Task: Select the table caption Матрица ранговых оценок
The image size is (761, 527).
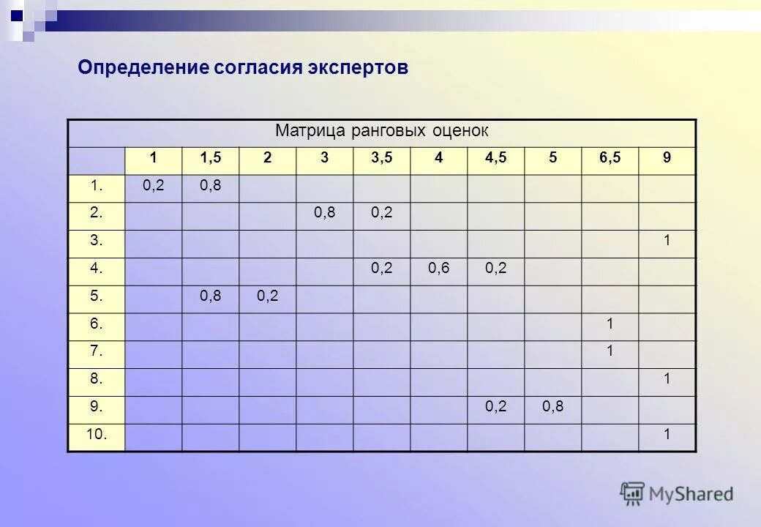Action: point(381,132)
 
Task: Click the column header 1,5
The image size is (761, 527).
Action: point(211,159)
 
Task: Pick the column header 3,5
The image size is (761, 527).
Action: point(381,159)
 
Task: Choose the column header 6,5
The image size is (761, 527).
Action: point(610,159)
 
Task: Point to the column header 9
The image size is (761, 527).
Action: point(667,159)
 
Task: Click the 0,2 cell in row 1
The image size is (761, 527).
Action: point(154,187)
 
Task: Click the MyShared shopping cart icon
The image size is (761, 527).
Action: point(632,493)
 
